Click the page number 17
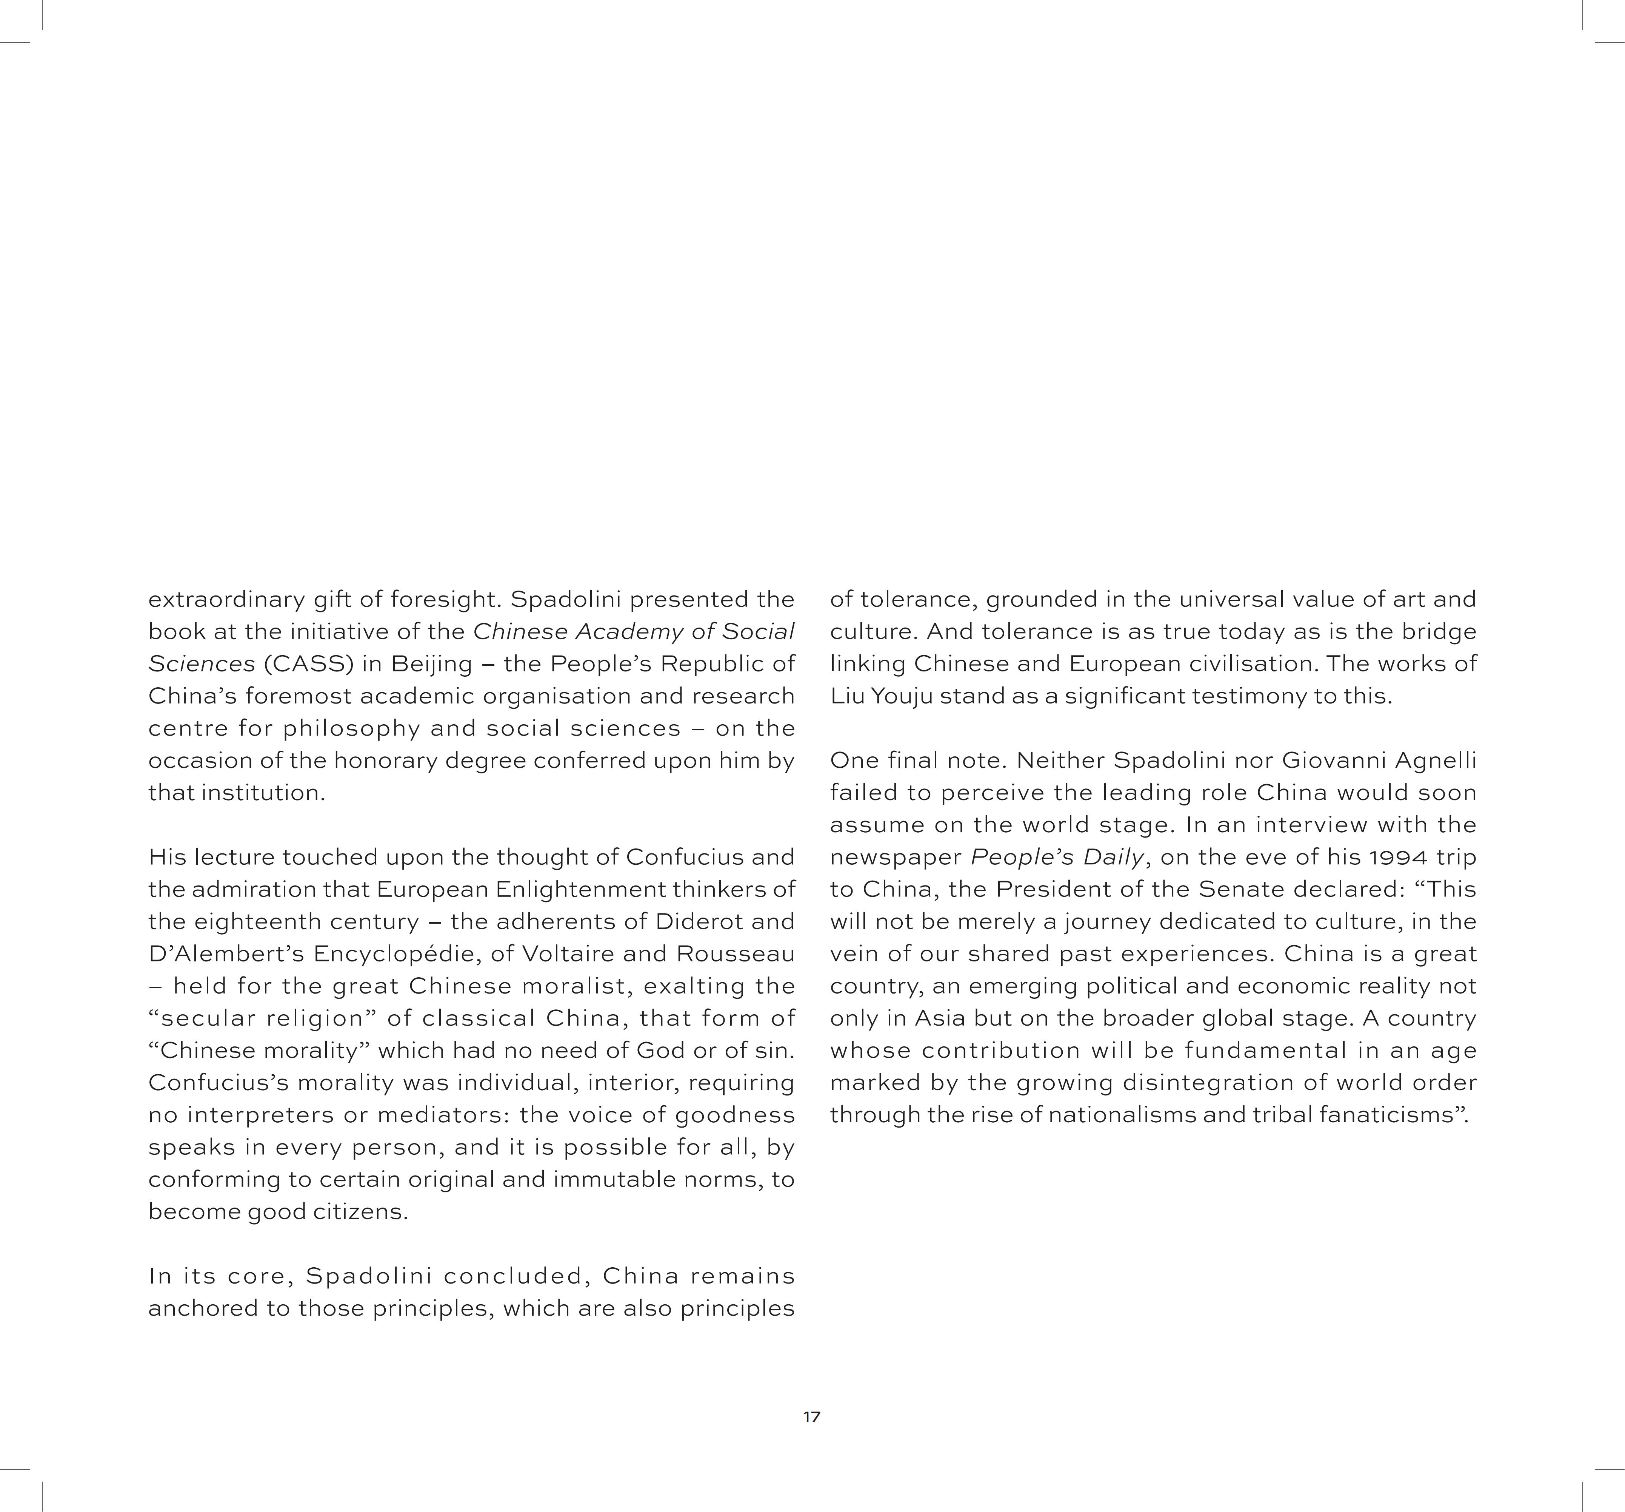coord(812,1416)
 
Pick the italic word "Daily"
coord(1113,857)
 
